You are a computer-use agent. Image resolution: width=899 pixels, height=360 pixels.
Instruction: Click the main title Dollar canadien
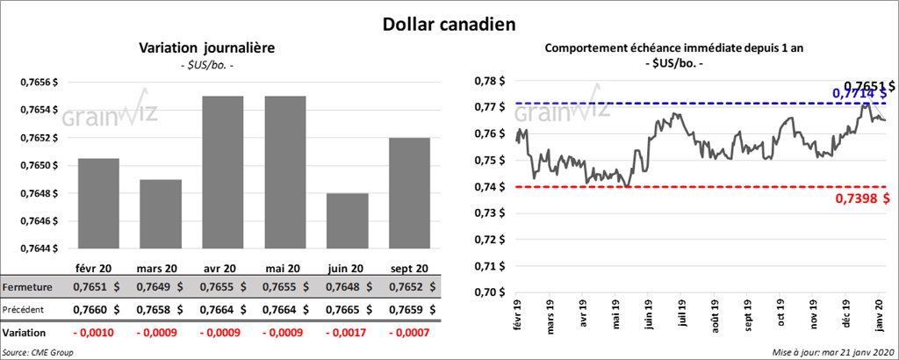click(x=449, y=24)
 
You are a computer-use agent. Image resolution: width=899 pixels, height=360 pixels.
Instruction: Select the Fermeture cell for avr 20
click(x=223, y=287)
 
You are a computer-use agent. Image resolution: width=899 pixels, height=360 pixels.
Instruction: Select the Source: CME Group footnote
click(x=39, y=351)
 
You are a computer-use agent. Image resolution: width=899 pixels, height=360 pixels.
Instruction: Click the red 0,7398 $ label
click(x=865, y=198)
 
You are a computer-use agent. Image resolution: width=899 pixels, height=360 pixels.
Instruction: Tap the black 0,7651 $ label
click(x=867, y=85)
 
